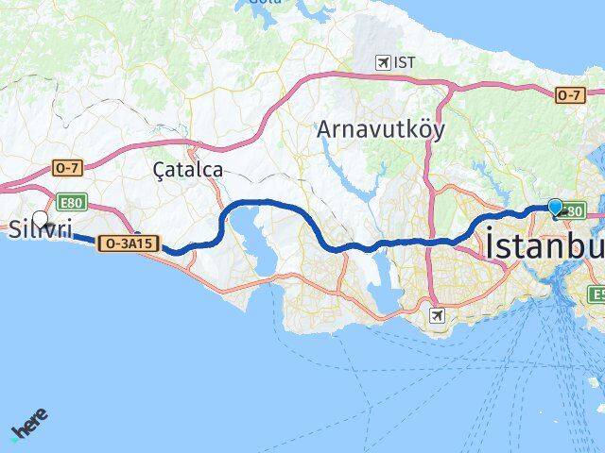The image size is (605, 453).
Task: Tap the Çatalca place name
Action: coord(187,170)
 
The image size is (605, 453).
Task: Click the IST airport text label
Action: coord(406,62)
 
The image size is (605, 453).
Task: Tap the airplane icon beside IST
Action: coord(383,62)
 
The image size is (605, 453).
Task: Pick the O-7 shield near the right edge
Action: coord(568,94)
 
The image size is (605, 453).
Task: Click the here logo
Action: coord(29,426)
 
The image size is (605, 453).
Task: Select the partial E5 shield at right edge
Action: coord(597,294)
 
